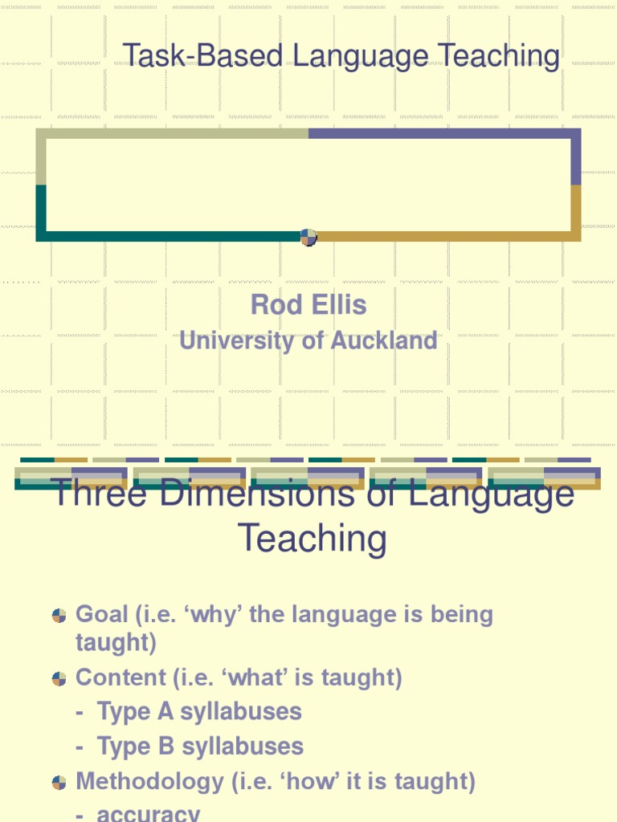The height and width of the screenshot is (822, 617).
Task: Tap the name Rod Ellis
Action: click(308, 305)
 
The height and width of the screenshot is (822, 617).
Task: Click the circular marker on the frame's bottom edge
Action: click(308, 237)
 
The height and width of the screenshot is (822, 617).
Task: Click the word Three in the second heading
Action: click(100, 493)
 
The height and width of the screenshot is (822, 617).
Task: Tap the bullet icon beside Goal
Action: click(59, 616)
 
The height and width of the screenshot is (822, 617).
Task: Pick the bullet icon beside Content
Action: click(59, 678)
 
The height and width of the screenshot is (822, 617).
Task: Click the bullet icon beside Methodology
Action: click(59, 782)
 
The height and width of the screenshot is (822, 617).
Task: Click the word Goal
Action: click(102, 615)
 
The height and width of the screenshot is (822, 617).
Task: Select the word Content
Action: click(121, 678)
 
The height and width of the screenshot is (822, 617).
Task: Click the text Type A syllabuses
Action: click(199, 712)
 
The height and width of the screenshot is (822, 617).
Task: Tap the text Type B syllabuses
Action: click(200, 747)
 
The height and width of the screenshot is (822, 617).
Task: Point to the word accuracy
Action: click(149, 813)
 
